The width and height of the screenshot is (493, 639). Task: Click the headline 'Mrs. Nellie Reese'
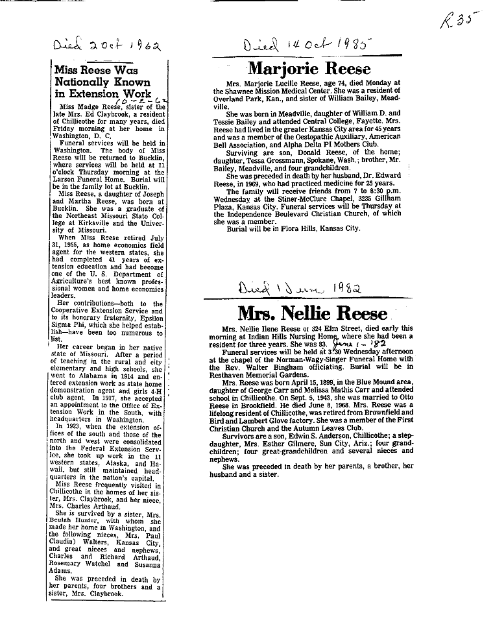tap(312, 314)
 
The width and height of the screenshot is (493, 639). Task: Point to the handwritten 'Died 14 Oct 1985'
tap(309, 47)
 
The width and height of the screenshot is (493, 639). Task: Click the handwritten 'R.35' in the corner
tap(455, 21)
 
